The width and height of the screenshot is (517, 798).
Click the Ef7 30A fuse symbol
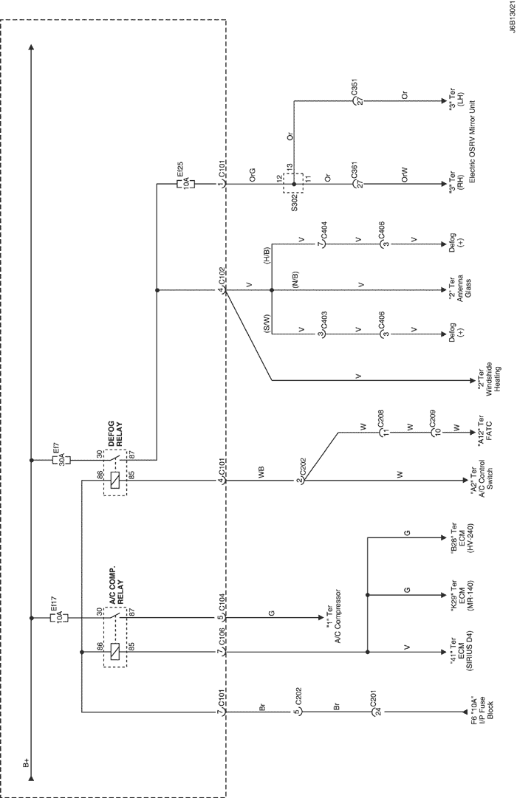(x=61, y=460)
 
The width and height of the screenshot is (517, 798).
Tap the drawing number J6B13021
(x=510, y=18)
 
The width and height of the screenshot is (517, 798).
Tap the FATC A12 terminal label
(x=485, y=432)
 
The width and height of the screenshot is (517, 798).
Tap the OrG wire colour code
(x=252, y=174)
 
